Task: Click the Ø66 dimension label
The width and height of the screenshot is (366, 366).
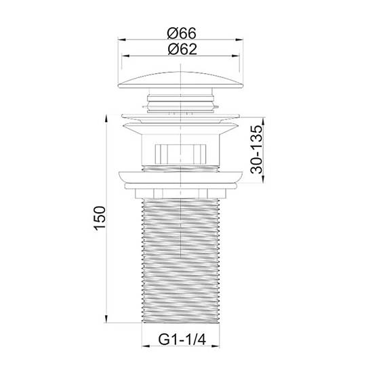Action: point(182,33)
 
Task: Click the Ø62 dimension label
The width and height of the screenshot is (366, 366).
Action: point(182,49)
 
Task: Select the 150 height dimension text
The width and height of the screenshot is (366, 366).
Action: point(100,218)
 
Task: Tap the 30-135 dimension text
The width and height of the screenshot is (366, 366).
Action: point(256,149)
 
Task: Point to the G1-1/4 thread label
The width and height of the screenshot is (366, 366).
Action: point(182,340)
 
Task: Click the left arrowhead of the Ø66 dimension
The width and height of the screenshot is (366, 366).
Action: point(122,40)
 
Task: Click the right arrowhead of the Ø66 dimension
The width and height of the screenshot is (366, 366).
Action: point(239,40)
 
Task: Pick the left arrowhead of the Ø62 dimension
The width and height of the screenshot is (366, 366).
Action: point(126,56)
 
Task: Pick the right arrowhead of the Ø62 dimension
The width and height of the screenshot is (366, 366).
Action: point(235,56)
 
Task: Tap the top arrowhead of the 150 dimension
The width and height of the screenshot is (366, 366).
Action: point(106,119)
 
